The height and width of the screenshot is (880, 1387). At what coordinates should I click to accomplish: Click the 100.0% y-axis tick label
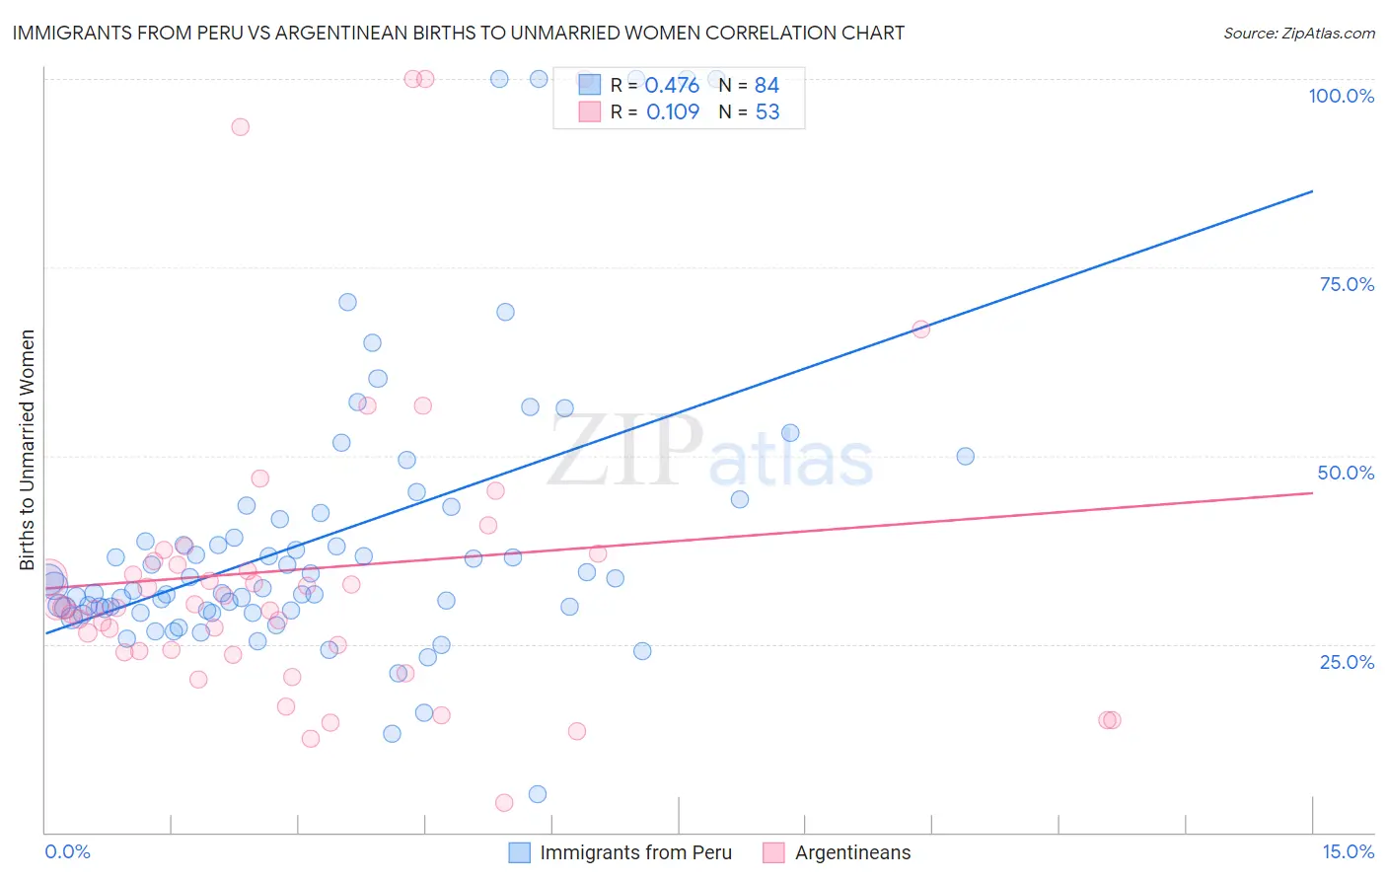pos(1341,96)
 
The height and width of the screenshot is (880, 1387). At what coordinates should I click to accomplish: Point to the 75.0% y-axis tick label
pos(1347,284)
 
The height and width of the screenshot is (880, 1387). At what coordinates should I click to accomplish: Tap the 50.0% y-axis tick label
pos(1346,473)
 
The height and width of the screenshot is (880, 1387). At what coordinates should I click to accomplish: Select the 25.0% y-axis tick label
pos(1347,662)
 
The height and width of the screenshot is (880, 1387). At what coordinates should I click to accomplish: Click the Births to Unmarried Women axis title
pos(27,450)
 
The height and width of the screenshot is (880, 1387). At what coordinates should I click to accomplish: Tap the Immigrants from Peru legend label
pos(635,852)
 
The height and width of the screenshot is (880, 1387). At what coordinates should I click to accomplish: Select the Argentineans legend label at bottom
pos(852,852)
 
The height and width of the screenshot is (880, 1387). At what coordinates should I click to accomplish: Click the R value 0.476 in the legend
pos(672,85)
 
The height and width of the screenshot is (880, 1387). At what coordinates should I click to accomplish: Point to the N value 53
pos(767,112)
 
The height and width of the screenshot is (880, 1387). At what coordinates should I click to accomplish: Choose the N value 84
pos(766,85)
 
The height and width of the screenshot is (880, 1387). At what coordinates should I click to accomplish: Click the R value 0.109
pos(673,112)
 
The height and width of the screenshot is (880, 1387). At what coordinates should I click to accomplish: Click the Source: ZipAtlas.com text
pos(1298,34)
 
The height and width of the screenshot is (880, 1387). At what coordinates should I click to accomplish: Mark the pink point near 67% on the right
pos(920,330)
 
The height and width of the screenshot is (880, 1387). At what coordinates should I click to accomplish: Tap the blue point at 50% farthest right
pos(965,457)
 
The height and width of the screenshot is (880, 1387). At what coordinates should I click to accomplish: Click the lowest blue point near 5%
pos(538,794)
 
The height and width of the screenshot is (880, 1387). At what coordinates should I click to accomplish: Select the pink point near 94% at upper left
pos(240,127)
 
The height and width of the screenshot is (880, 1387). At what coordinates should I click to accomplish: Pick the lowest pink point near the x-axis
pos(504,803)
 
